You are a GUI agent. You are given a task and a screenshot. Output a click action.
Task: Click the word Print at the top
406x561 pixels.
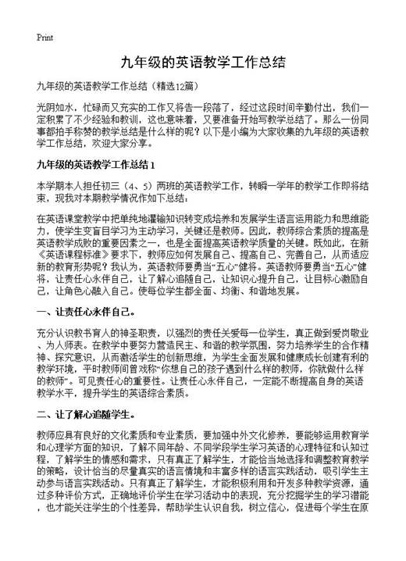(x=45, y=37)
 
